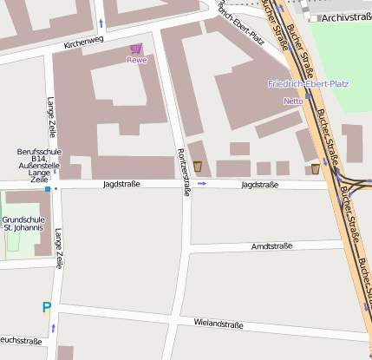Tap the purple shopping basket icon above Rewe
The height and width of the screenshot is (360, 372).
coord(136,49)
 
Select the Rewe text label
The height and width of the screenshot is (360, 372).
coord(136,60)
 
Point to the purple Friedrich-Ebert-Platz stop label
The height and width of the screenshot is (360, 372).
coord(308,84)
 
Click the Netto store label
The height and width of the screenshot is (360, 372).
coord(293,101)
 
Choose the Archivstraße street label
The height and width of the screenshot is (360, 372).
coord(346,16)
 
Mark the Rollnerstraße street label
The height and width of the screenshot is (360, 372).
coord(184,172)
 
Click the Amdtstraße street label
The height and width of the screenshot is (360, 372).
coord(272,246)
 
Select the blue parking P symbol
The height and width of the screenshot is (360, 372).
coord(46,306)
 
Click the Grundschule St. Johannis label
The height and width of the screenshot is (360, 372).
coord(23,224)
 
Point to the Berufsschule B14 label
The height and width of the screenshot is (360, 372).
coord(38,164)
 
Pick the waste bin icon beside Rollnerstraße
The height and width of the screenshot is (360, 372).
coord(198,166)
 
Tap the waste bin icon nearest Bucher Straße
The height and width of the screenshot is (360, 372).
coord(315,168)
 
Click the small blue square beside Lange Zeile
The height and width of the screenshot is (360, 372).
coord(48,188)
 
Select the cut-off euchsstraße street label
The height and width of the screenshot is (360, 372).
coord(21,341)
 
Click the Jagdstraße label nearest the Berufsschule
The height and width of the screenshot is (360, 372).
coord(121,185)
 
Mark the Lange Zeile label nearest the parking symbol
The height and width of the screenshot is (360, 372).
coord(58,247)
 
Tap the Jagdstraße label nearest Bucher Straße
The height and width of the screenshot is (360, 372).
coord(259,185)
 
